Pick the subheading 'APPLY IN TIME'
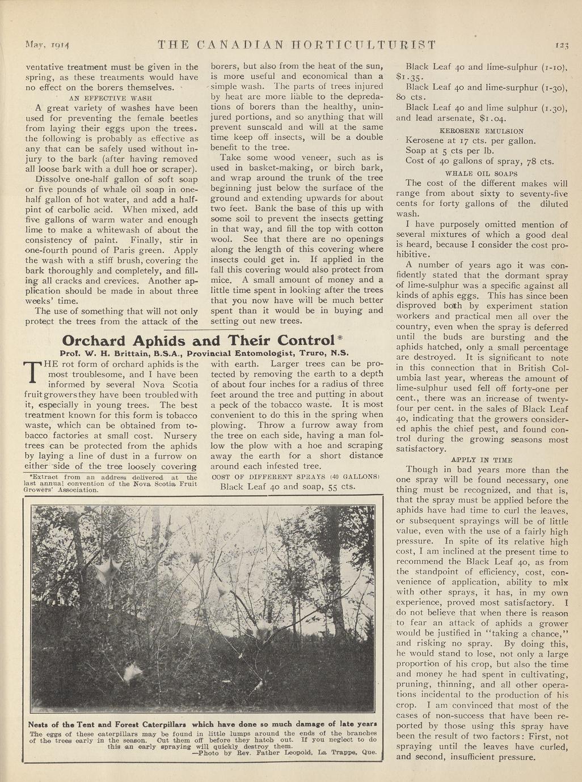[482, 460]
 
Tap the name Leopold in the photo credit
[294, 754]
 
